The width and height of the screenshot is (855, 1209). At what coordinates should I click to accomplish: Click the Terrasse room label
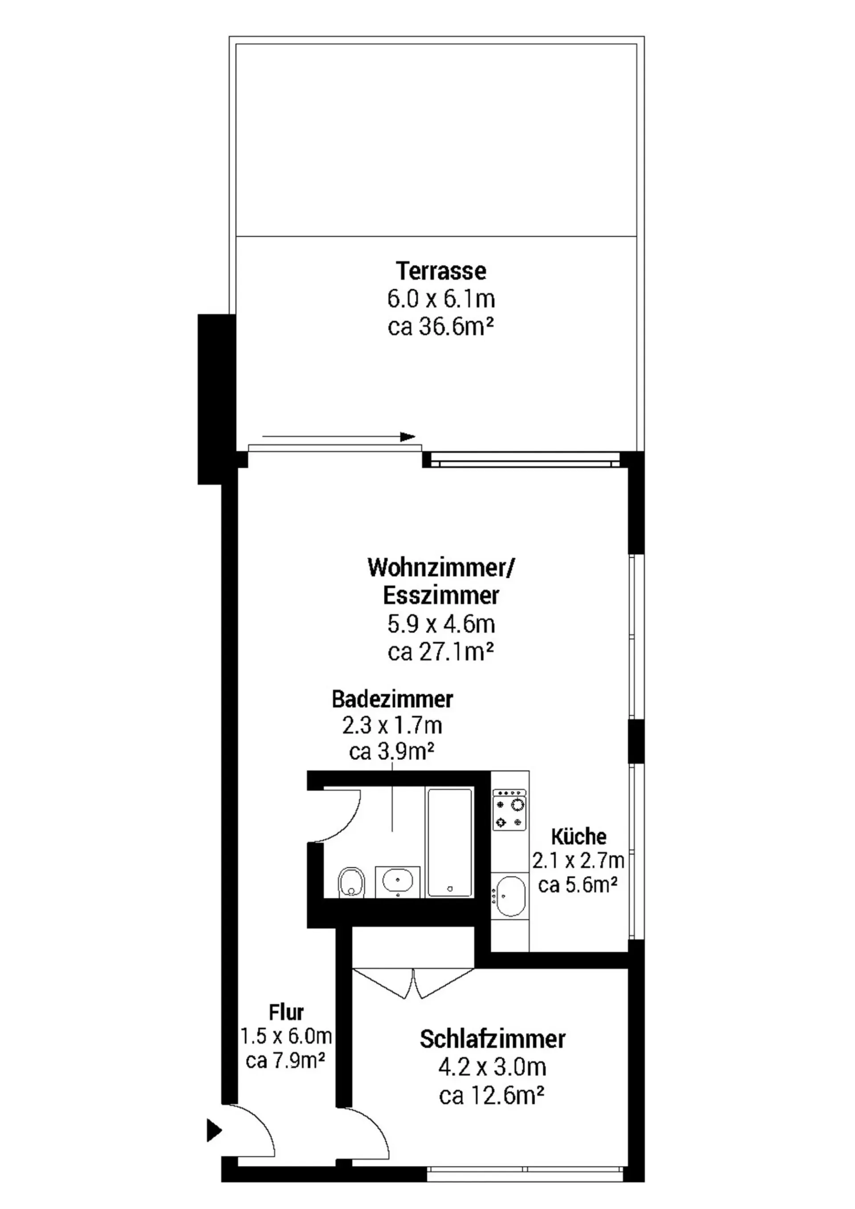pyautogui.click(x=441, y=271)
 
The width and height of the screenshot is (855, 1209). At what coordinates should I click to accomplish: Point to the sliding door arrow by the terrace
pyautogui.click(x=338, y=436)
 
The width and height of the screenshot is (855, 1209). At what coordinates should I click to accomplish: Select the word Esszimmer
pyautogui.click(x=441, y=595)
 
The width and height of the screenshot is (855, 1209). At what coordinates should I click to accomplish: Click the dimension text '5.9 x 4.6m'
pyautogui.click(x=441, y=624)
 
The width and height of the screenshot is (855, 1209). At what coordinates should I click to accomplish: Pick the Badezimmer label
pyautogui.click(x=392, y=699)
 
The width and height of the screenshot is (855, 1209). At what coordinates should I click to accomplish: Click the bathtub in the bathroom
pyautogui.click(x=450, y=843)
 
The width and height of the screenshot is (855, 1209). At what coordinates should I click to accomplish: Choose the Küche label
pyautogui.click(x=578, y=837)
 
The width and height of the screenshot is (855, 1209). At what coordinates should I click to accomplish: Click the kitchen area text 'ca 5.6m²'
pyautogui.click(x=578, y=885)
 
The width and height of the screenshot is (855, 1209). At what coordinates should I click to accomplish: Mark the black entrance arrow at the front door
pyautogui.click(x=214, y=1130)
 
